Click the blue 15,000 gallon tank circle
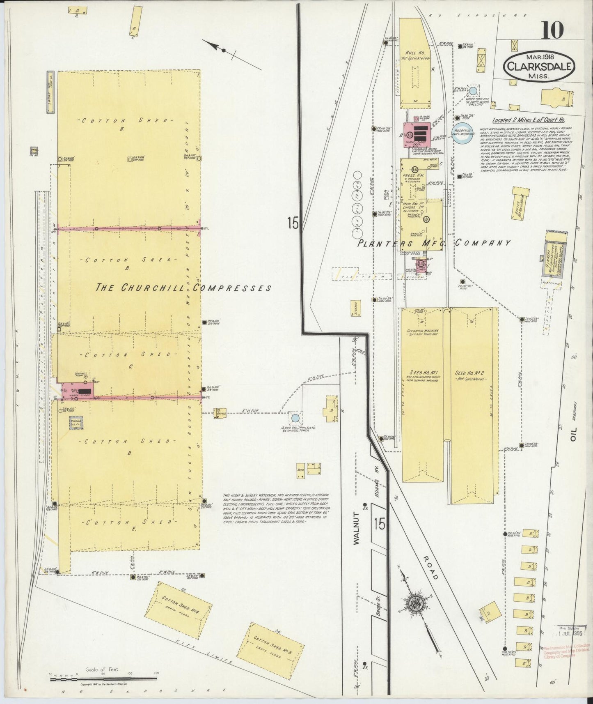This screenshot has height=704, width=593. tap(295, 419)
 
